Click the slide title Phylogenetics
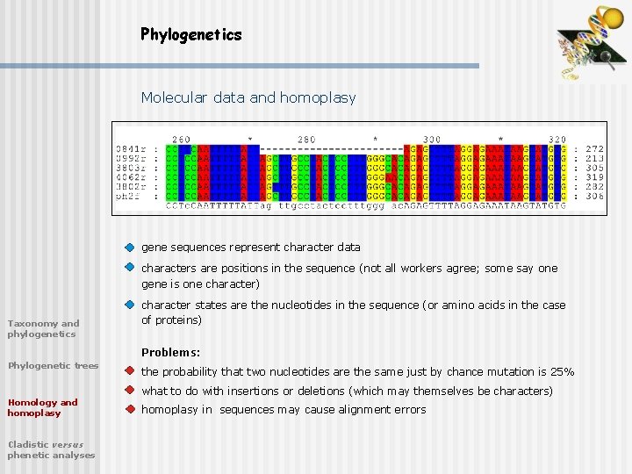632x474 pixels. pyautogui.click(x=190, y=34)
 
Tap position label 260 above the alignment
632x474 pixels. pyautogui.click(x=181, y=139)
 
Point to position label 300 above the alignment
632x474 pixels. pyautogui.click(x=432, y=139)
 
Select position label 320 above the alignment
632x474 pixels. pyautogui.click(x=557, y=139)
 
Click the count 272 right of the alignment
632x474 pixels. pyautogui.click(x=594, y=149)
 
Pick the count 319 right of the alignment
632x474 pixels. pyautogui.click(x=594, y=176)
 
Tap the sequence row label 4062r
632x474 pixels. pyautogui.click(x=131, y=176)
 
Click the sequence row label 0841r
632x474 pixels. pyautogui.click(x=131, y=149)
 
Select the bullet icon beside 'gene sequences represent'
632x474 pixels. pyautogui.click(x=129, y=248)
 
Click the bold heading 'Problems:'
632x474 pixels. pyautogui.click(x=170, y=352)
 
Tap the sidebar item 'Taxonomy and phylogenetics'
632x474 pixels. pyautogui.click(x=43, y=328)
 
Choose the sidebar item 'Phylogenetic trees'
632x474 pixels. pyautogui.click(x=53, y=365)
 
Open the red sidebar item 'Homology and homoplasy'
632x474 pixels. pyautogui.click(x=42, y=407)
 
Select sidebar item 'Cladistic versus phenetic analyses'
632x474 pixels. pyautogui.click(x=51, y=449)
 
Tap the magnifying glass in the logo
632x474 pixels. pyautogui.click(x=605, y=58)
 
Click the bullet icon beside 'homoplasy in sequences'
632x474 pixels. pyautogui.click(x=129, y=409)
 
